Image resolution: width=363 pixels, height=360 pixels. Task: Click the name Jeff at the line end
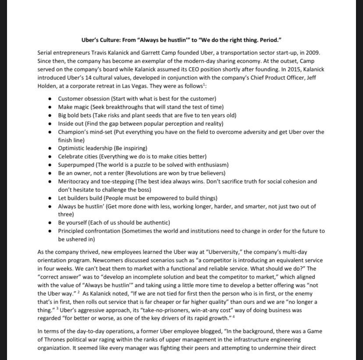coord(317,78)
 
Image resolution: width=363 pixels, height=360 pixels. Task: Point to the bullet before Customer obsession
coord(50,99)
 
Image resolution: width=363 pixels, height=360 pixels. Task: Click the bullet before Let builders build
coord(50,198)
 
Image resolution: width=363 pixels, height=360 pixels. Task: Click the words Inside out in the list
coord(71,124)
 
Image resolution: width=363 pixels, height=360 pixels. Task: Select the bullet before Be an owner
coord(50,173)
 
